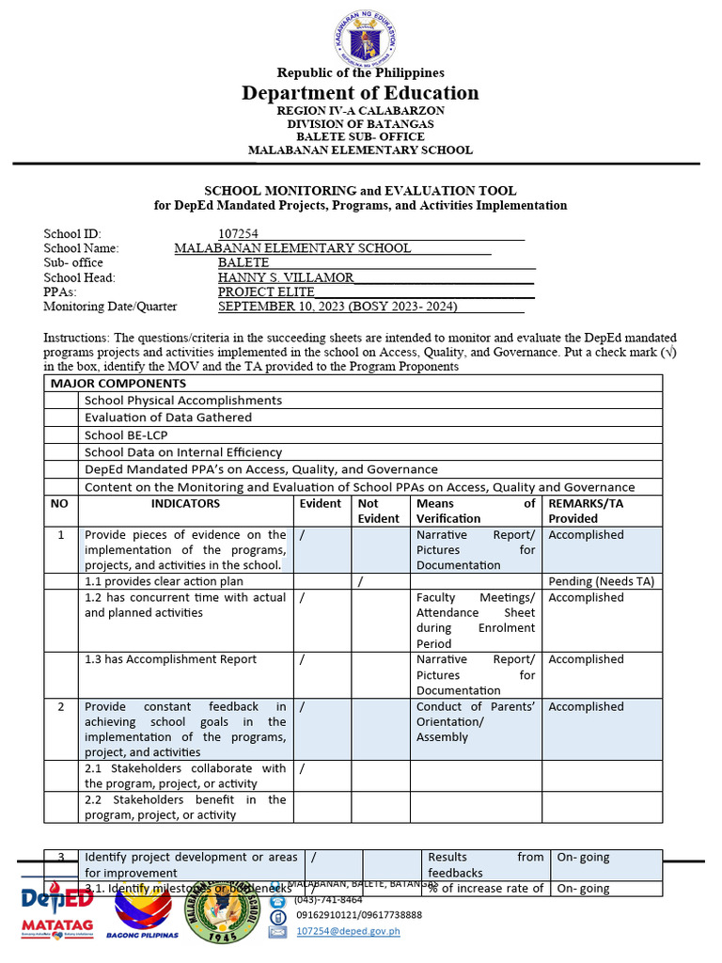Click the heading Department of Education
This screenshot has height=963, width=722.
360,92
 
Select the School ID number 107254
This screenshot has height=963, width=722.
239,234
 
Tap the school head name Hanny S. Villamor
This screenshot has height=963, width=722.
286,277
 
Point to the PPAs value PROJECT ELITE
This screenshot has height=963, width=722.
266,292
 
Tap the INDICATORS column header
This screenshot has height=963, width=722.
185,504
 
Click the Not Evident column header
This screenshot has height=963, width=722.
379,511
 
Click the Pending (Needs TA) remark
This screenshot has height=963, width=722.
601,581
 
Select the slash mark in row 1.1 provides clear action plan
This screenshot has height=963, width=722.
361,581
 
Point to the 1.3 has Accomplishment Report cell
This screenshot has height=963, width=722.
171,659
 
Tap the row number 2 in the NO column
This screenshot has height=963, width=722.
61,706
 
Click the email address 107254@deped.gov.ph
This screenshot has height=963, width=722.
348,931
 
